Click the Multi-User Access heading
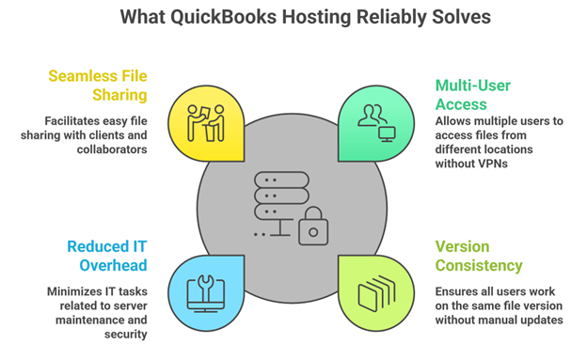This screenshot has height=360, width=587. point(472,95)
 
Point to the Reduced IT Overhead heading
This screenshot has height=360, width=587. point(106,256)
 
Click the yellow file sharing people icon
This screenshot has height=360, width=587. point(205,120)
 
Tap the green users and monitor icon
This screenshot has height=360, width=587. point(375,120)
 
